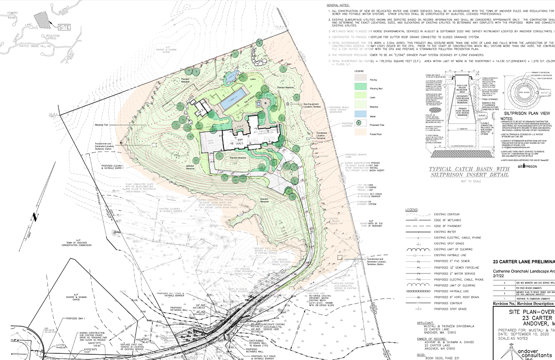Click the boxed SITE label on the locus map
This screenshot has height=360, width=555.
(x=64, y=27)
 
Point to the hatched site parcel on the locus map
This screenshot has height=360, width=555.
(x=43, y=20)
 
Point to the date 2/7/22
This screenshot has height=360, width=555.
(x=498, y=276)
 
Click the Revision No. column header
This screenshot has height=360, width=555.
(x=507, y=303)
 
